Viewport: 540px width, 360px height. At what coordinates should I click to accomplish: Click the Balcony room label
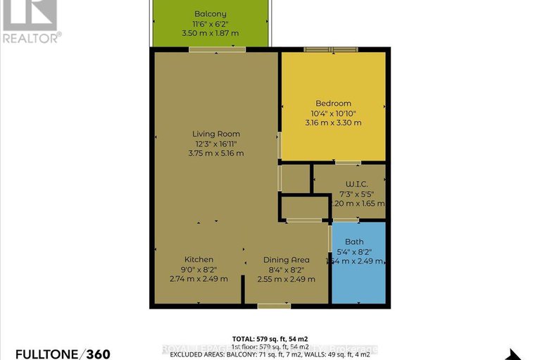click(211, 13)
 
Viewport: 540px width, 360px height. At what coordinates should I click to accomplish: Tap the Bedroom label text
click(334, 104)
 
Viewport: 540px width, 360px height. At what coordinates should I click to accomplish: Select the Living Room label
click(216, 134)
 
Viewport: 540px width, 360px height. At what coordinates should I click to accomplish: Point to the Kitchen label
click(199, 260)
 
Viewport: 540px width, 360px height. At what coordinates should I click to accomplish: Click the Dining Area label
click(287, 260)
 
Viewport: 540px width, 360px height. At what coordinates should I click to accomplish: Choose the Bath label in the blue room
click(354, 242)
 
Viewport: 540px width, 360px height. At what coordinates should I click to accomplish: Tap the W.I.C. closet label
click(349, 183)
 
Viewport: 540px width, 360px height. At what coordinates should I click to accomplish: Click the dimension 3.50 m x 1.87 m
click(211, 32)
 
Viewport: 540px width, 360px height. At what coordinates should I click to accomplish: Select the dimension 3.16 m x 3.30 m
click(334, 123)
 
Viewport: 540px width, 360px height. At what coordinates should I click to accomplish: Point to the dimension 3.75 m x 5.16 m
click(216, 153)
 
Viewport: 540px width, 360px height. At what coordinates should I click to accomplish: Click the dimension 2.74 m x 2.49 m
click(199, 278)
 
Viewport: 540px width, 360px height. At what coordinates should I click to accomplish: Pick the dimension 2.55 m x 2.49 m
click(287, 278)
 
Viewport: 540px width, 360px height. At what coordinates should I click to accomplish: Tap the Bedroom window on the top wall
click(331, 49)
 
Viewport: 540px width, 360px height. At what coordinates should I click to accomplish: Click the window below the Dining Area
click(274, 306)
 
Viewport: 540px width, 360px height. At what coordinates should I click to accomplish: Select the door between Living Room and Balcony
click(217, 49)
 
